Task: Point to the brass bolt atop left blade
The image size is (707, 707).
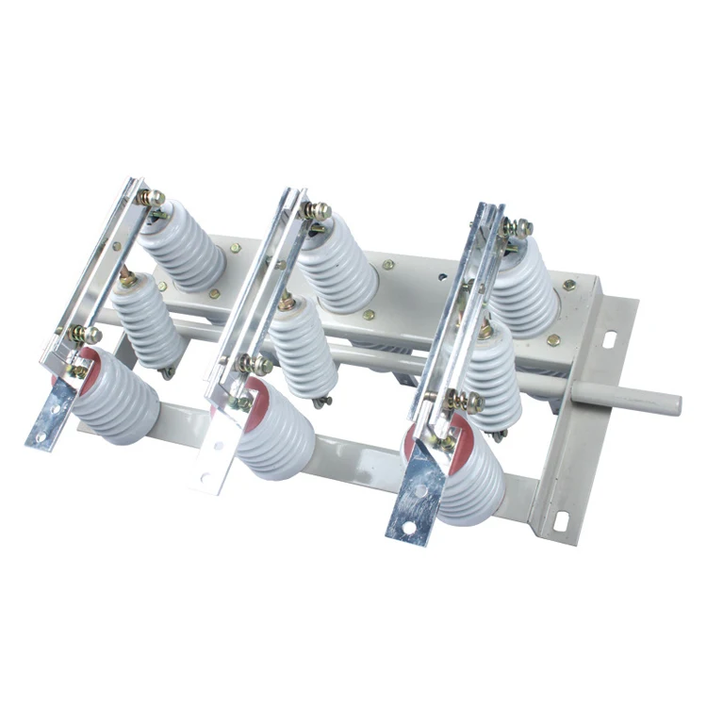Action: [x=149, y=197]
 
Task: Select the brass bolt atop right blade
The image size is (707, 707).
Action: [x=516, y=226]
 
